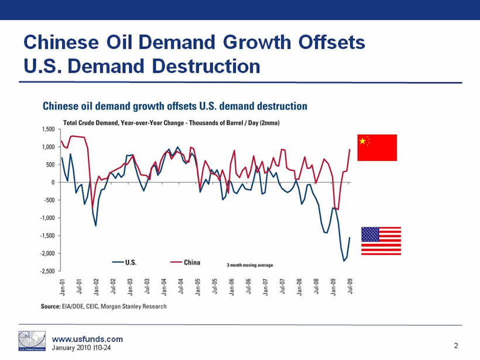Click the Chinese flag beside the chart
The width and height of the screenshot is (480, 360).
(377, 148)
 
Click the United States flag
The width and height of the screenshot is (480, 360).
(380, 241)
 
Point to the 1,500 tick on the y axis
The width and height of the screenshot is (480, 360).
(47, 129)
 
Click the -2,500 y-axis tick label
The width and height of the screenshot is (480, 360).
(46, 271)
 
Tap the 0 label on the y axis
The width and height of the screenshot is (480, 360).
(52, 182)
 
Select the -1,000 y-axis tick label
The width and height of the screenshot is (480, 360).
(46, 218)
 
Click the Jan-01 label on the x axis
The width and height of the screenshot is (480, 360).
(62, 286)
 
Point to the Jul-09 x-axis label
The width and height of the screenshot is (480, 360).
(350, 286)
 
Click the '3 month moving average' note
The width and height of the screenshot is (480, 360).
(250, 265)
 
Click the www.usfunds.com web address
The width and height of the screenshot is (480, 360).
(87, 339)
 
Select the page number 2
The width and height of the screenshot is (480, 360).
(455, 346)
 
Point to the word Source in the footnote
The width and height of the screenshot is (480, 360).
(50, 307)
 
